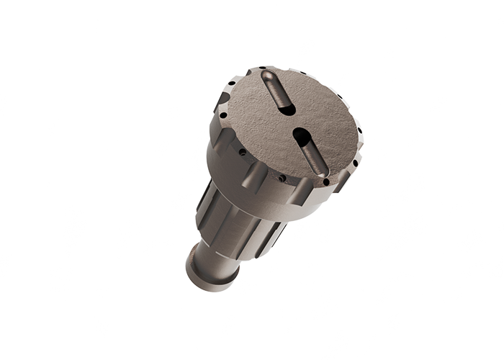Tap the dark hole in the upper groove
pos(286,109)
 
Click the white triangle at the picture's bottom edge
pos(17,356)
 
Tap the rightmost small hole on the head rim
pos(359,130)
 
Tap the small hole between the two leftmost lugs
pos(242,153)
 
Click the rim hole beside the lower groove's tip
pos(325,181)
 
